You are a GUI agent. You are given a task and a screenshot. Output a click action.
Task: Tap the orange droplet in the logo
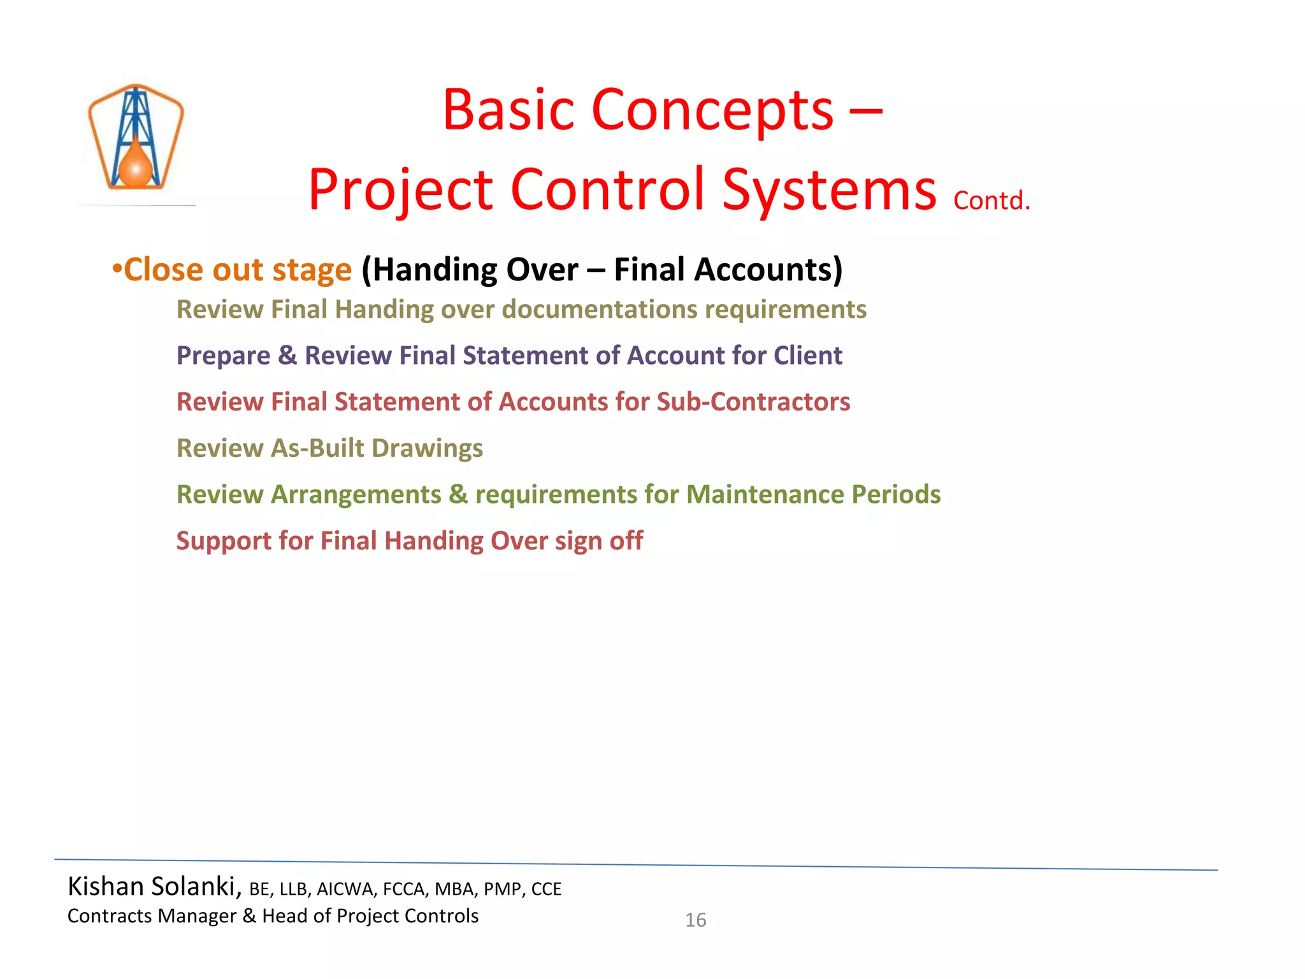pos(136,167)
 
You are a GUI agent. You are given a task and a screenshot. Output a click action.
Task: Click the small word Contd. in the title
pos(991,201)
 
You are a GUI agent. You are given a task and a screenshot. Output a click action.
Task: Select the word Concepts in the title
pos(712,110)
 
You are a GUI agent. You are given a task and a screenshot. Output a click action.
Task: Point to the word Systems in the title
pos(829,190)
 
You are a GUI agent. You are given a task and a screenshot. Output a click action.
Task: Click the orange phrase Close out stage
pos(237,270)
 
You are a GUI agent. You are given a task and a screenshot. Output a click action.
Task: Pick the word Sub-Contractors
pos(753,402)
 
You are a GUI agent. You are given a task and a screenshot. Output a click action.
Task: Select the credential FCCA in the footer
pos(403,889)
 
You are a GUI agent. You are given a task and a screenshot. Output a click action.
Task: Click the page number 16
pos(695,920)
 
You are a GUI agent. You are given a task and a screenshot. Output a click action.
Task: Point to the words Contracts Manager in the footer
pos(152,916)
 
